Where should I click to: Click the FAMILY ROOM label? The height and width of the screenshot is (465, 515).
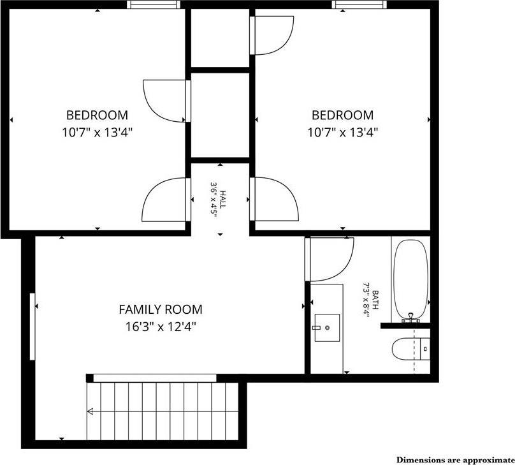click(161, 310)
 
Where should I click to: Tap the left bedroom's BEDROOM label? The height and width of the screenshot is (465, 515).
click(97, 115)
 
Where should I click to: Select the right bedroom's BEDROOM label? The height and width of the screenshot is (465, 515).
click(342, 115)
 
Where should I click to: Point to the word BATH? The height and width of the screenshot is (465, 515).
click(376, 300)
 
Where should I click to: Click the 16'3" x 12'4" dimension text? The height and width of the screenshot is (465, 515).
click(161, 327)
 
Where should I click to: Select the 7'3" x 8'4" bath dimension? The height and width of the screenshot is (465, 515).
click(366, 300)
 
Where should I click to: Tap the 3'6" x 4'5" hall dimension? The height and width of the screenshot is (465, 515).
click(215, 200)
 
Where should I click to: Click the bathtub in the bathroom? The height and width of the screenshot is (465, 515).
click(410, 279)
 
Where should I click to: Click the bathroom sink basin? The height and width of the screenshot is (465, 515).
click(328, 328)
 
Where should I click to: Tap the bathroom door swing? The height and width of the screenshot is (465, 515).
click(331, 258)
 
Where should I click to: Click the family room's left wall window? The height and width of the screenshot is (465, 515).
click(31, 327)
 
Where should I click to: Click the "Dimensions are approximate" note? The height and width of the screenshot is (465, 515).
click(454, 459)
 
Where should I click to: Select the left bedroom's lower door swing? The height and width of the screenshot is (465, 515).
click(164, 198)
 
